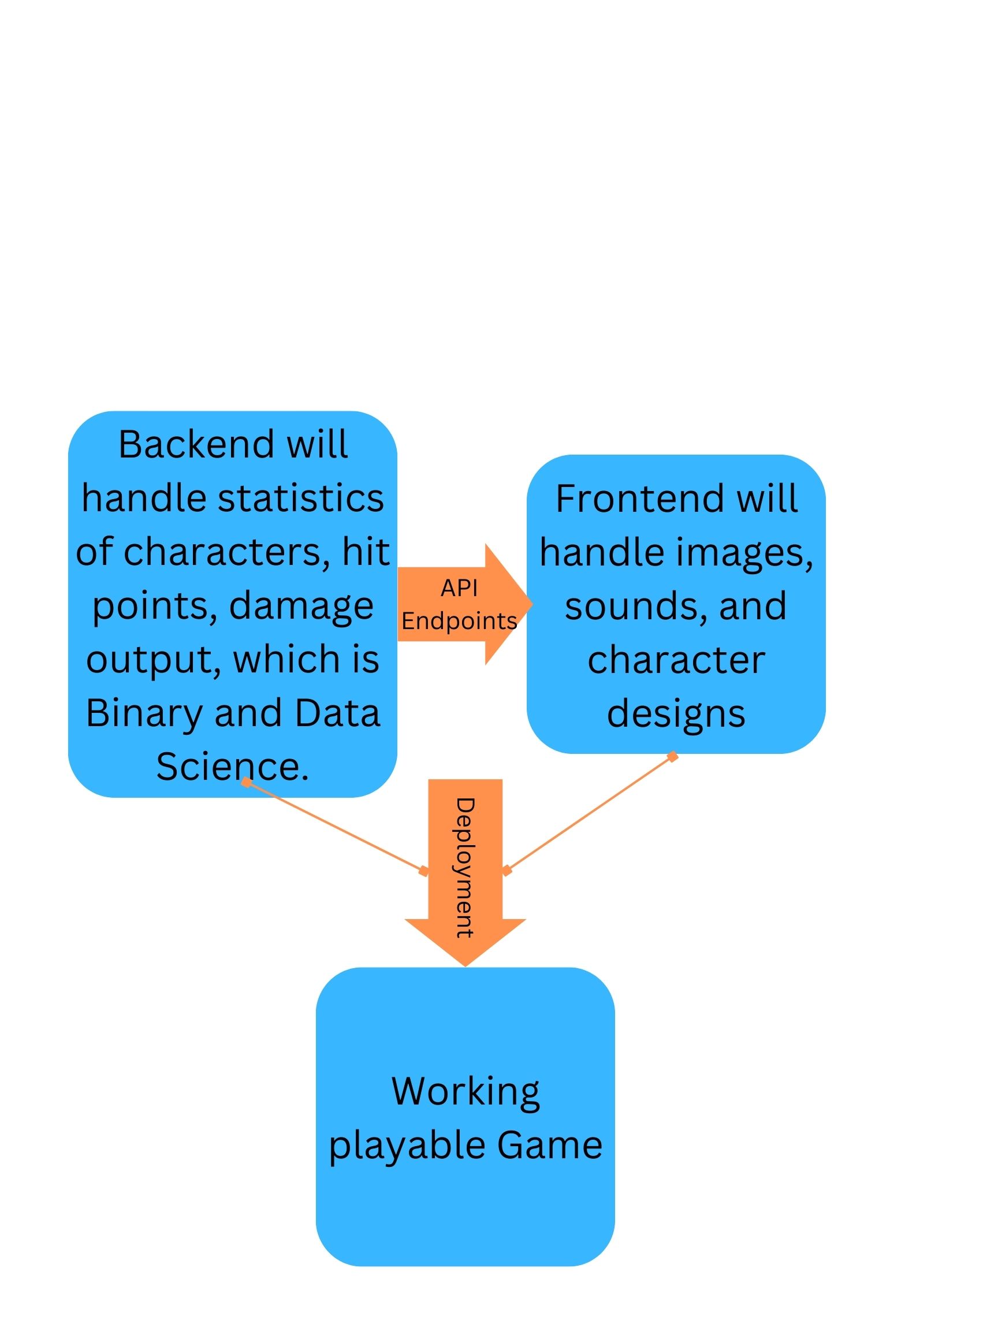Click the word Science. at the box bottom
coord(232,767)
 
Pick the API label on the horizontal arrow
coord(459,588)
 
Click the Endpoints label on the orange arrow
coord(459,621)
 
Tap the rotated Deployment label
coord(464,867)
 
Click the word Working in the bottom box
coord(465,1092)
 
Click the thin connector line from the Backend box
coord(334,826)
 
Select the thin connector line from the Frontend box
coord(590,813)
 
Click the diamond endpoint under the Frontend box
coord(672,756)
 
